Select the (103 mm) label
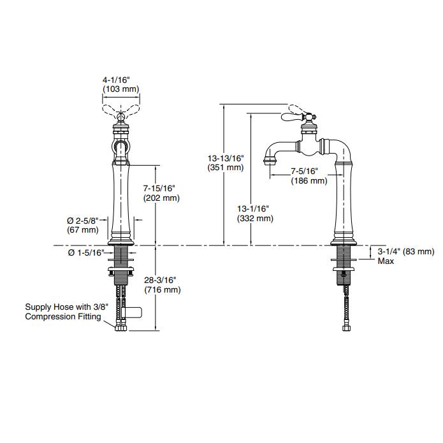(116, 89)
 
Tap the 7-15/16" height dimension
(159, 188)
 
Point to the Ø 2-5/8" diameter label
(82, 221)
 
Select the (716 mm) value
(162, 289)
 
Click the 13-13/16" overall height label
(226, 157)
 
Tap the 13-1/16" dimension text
(254, 208)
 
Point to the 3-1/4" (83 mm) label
(405, 251)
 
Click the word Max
(386, 261)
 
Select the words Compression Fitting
(63, 316)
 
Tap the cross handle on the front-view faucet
(120, 115)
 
